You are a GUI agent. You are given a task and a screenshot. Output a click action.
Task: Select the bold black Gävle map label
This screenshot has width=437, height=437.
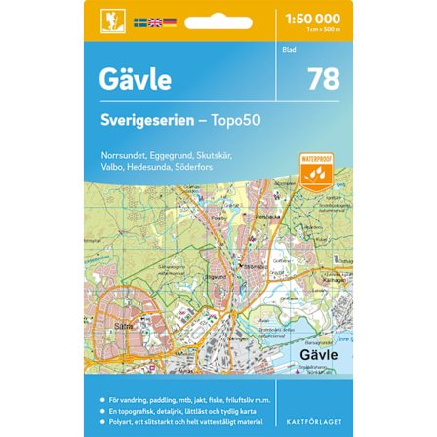pyautogui.click(x=313, y=357)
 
